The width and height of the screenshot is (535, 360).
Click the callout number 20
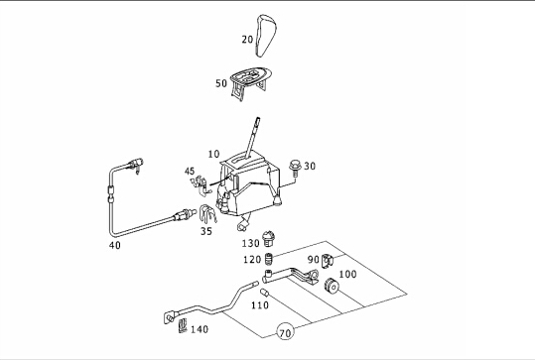point(247,40)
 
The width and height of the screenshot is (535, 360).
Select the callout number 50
point(221,83)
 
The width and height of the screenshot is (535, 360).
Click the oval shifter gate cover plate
point(251,80)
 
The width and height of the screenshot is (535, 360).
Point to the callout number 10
point(214,154)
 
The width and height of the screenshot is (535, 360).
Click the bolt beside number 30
point(294,169)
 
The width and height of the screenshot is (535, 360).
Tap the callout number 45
point(190,172)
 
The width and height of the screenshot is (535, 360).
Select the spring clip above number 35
point(207,214)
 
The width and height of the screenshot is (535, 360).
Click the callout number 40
point(115,245)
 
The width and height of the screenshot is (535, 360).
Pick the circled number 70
point(285,331)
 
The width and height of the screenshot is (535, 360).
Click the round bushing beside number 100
point(331,286)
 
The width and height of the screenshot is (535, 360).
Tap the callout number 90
point(314,260)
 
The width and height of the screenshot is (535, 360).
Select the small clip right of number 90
point(327,261)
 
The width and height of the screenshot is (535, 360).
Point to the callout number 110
point(260,305)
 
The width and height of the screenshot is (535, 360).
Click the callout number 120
point(252,260)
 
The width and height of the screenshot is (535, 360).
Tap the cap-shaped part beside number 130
point(269,238)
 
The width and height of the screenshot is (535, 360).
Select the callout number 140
point(200,329)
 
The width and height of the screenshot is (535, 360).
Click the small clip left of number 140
point(183,325)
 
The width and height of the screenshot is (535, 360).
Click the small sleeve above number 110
point(265,293)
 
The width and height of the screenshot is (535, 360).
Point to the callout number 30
point(310,166)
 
